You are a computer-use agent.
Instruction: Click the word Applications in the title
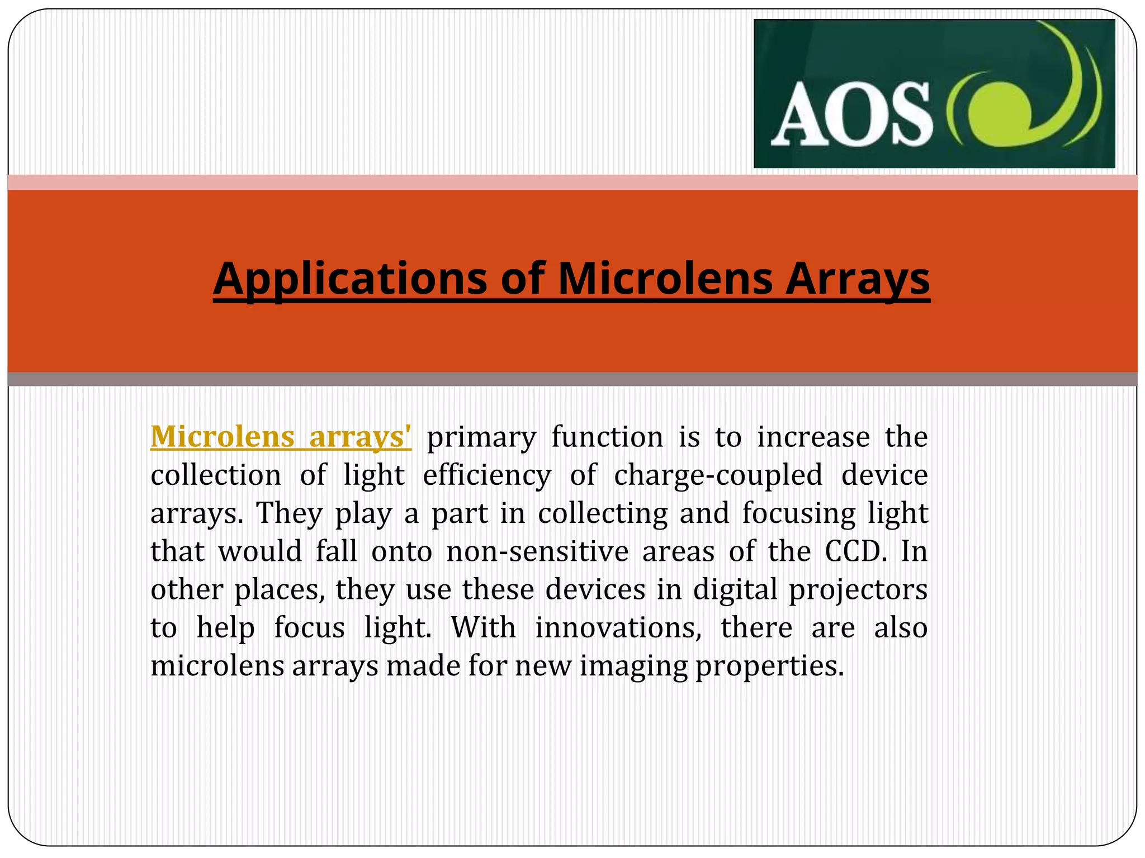(351, 279)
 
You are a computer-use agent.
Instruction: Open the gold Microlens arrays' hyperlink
(281, 436)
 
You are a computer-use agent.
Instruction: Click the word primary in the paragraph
(481, 437)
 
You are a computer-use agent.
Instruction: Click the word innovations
(618, 628)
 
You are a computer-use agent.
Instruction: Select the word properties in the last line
(769, 666)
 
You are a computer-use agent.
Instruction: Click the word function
(607, 437)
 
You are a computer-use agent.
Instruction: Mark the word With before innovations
(483, 628)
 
